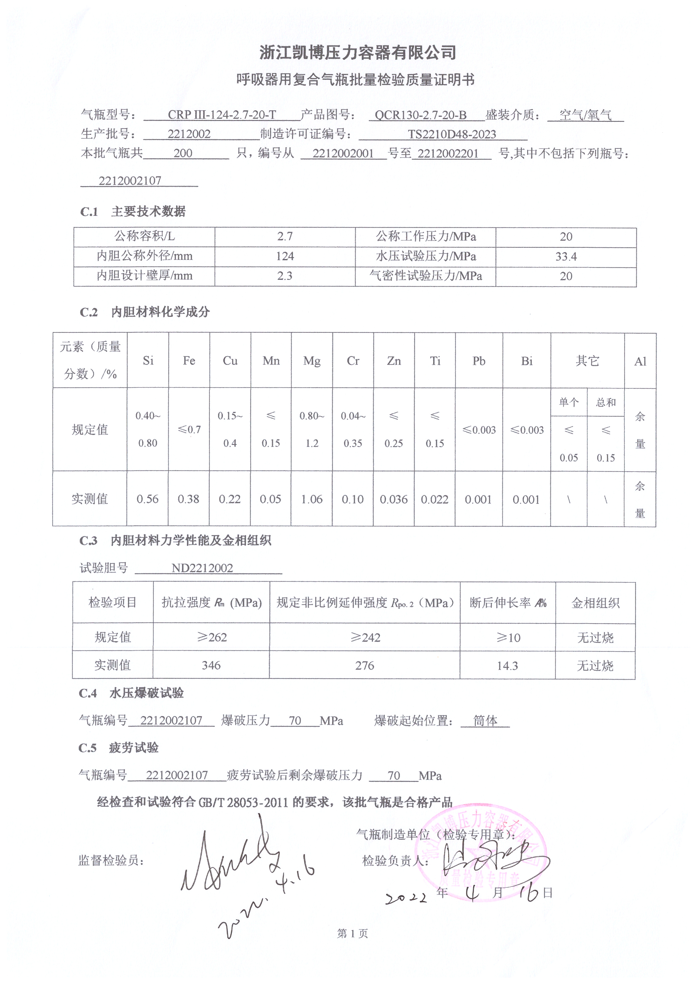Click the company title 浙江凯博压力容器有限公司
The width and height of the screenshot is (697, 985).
tap(357, 53)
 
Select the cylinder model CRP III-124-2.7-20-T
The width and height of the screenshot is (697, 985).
tap(222, 115)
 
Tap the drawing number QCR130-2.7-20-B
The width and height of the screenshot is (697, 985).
tap(420, 115)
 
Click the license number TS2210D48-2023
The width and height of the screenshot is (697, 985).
tap(451, 134)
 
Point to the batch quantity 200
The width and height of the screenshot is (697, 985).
tap(183, 153)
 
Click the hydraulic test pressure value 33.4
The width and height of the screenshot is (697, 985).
tap(566, 257)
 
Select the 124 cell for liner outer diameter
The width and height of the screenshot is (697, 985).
tap(285, 256)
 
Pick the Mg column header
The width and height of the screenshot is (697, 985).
tap(311, 361)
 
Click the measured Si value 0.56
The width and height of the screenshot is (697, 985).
tap(147, 499)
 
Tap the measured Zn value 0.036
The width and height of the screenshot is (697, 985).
tap(394, 499)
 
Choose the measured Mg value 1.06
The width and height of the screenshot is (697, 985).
tap(311, 499)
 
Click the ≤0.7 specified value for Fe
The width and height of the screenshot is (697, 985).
tap(189, 429)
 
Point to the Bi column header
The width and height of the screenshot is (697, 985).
tap(527, 361)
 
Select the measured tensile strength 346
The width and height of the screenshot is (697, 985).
tap(211, 665)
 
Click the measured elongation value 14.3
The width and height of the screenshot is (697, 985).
tap(507, 666)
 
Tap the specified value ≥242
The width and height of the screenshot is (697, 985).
tap(365, 637)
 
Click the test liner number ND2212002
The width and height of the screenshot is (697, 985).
tap(202, 568)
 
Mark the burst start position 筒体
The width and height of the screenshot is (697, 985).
tap(485, 720)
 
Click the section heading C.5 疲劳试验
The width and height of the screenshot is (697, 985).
tap(118, 748)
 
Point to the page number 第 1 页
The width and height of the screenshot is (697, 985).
tap(352, 933)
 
